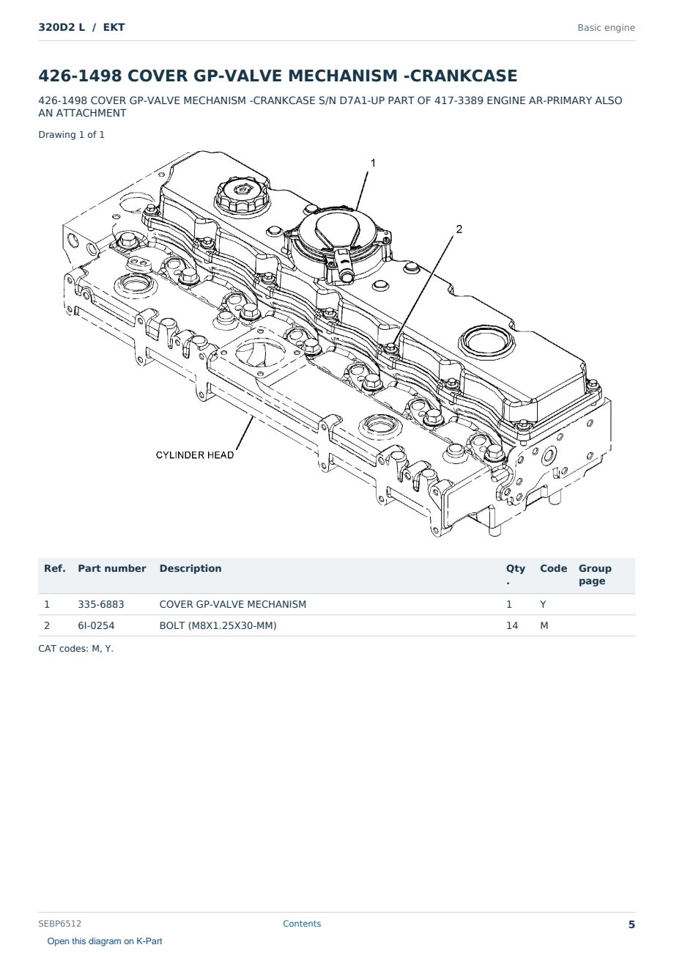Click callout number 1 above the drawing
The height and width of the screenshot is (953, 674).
(373, 163)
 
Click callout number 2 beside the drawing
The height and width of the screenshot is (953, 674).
(459, 229)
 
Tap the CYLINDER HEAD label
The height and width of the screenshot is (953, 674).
(195, 455)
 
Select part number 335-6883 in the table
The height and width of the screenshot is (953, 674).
(101, 604)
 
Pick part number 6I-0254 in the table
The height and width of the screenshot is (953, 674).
(96, 625)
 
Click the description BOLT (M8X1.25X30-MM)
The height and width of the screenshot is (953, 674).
(218, 625)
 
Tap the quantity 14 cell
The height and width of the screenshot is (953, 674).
(512, 625)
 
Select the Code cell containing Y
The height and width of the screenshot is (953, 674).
(543, 604)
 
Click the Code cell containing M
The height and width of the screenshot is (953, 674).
(544, 625)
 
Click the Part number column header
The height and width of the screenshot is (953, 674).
(112, 568)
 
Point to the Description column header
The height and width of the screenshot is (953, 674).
(190, 568)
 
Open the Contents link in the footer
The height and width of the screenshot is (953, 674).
(302, 924)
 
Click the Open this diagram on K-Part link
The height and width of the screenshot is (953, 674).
(105, 941)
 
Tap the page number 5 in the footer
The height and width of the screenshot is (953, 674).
(632, 924)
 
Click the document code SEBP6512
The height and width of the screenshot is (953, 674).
(59, 924)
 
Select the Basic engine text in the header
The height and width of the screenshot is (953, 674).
(606, 28)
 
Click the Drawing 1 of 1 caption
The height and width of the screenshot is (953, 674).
(72, 135)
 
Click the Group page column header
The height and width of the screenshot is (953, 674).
(595, 575)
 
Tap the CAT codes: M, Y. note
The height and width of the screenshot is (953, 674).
(75, 649)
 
